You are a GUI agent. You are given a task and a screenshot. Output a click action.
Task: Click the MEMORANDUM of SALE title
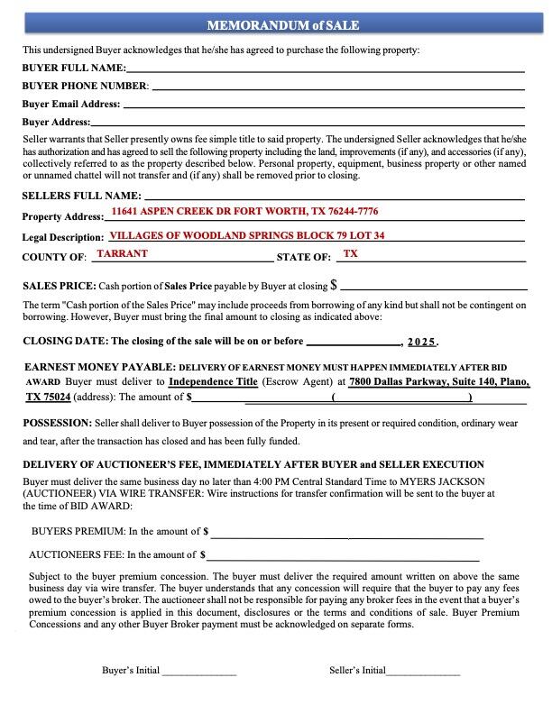point(276,24)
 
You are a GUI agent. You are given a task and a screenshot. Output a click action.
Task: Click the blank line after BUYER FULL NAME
point(325,69)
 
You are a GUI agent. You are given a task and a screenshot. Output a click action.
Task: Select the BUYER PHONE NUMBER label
point(85,86)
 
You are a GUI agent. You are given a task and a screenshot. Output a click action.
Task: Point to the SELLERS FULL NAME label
point(80,196)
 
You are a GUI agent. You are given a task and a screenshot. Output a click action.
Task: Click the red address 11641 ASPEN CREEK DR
point(244,211)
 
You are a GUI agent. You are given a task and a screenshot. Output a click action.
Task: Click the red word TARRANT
point(122,254)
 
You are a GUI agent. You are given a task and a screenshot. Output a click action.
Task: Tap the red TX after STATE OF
point(351,254)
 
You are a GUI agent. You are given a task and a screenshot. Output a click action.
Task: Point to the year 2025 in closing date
point(421,343)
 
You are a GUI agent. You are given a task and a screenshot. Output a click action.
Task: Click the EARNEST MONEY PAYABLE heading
point(98,369)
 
